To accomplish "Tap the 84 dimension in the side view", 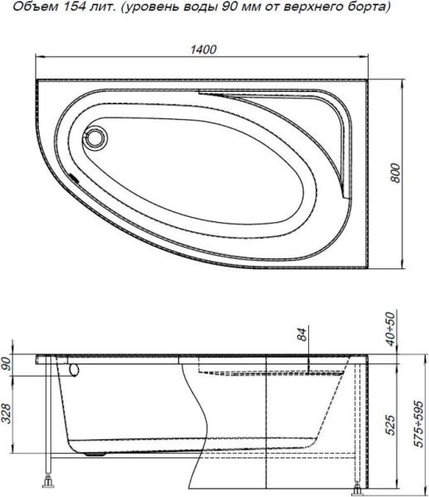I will (301, 335).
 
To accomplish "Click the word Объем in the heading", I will (30, 7).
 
